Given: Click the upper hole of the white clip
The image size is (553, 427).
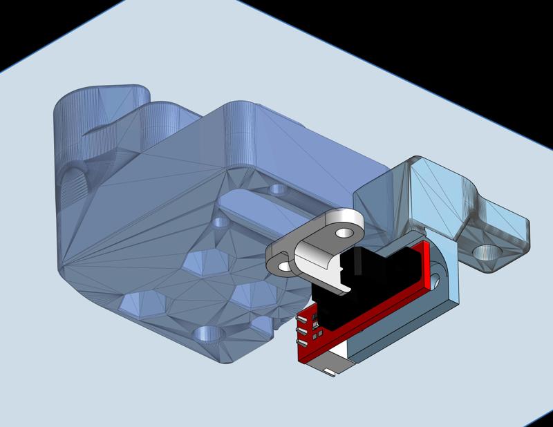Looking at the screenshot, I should point(341,233).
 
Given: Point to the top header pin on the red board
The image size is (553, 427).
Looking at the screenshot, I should point(301,319).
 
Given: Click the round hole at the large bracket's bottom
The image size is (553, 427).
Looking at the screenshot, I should point(208,336).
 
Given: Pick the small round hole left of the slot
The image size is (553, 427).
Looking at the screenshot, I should point(221,223).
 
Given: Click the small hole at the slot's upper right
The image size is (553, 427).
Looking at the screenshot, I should point(279,188).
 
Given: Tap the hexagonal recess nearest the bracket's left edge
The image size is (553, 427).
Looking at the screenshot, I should point(135,302).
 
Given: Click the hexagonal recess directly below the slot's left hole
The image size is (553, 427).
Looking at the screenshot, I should point(200,261).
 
